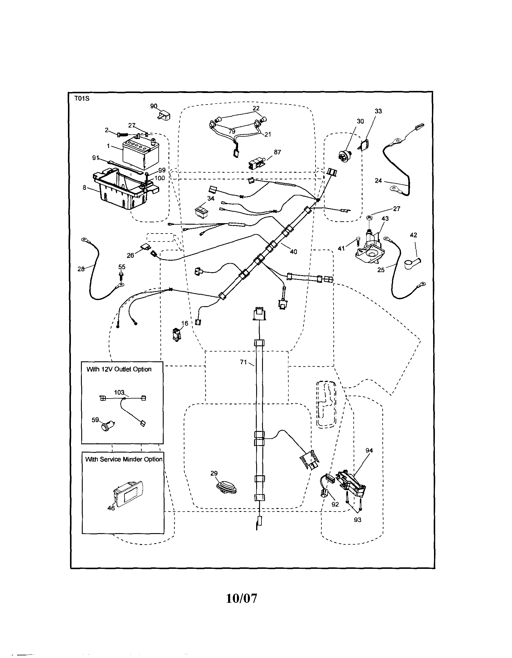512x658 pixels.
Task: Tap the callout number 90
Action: [x=154, y=106]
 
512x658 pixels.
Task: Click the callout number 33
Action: [x=378, y=111]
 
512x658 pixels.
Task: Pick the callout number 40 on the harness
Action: [x=293, y=252]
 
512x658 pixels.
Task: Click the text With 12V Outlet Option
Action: [x=119, y=369]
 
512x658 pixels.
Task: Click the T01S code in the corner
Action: [x=82, y=99]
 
